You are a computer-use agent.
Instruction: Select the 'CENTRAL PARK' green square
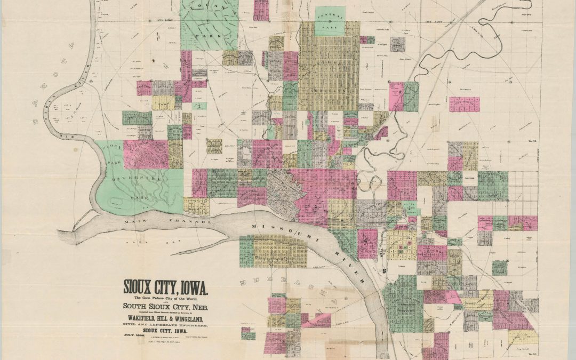[330, 21]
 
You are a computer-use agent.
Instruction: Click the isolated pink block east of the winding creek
[464, 104]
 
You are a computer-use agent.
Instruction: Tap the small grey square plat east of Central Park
[397, 44]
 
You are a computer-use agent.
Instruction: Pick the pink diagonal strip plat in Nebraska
[317, 320]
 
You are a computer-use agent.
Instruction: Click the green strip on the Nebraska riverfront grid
[246, 251]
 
